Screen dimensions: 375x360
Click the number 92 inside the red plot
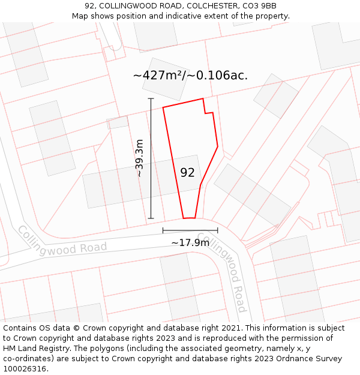tap(187, 173)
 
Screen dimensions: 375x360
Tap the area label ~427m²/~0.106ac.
tap(190, 76)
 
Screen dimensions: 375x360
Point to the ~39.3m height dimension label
tap(140, 158)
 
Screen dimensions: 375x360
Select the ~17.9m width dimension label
tap(190, 242)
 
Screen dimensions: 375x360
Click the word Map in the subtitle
tap(80, 16)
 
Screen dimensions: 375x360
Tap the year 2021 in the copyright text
tap(230, 328)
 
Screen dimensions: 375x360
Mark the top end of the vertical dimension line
tap(151, 98)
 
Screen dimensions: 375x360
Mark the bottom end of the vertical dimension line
tap(151, 218)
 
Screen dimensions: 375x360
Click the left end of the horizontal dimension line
tap(163, 230)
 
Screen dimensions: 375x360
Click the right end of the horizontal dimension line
tap(218, 230)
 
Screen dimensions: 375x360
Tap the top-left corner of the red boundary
tap(163, 108)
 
